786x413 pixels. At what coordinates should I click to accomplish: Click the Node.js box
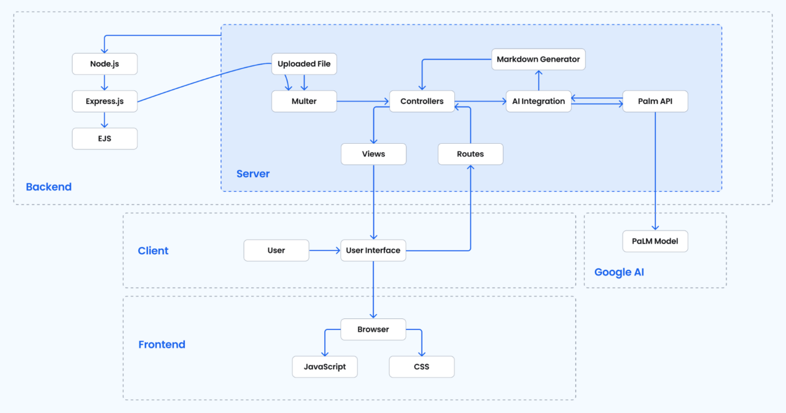(104, 64)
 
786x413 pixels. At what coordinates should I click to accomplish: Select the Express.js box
(104, 101)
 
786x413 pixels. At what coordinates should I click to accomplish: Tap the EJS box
(104, 139)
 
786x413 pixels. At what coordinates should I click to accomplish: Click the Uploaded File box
(304, 64)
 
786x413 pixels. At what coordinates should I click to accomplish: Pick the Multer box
(304, 101)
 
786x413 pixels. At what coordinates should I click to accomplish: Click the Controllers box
(422, 101)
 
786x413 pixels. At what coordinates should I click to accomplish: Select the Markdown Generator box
(539, 60)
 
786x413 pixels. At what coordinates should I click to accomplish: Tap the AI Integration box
(539, 101)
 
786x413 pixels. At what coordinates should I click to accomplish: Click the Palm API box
(655, 101)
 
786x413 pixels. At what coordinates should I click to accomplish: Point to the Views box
(373, 154)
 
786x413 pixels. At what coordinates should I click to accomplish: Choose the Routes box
(470, 154)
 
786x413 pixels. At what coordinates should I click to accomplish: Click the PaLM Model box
(655, 241)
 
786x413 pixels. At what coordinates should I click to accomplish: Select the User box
(276, 250)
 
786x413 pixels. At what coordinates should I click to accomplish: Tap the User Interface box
(373, 250)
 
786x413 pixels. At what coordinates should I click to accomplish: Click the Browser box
(373, 329)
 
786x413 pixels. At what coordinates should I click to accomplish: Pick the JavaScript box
(325, 367)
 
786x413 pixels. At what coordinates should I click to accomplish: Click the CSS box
(422, 367)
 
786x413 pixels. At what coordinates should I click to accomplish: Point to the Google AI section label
(619, 272)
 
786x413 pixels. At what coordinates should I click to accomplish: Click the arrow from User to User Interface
(325, 250)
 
